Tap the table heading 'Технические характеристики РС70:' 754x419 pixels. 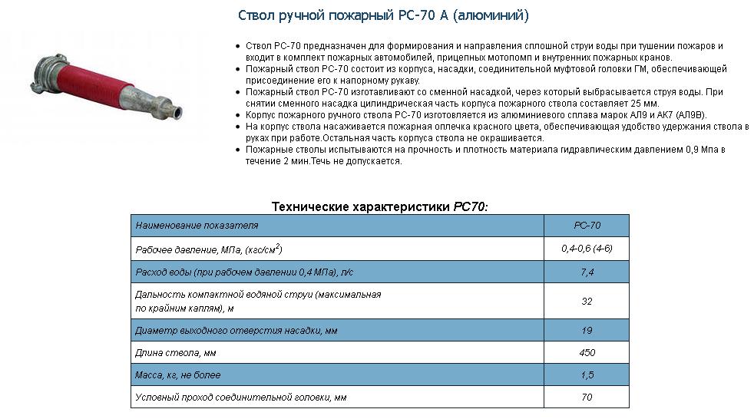pyautogui.click(x=379, y=206)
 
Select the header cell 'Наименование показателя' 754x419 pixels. pyautogui.click(x=197, y=226)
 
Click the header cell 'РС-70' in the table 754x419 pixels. pyautogui.click(x=587, y=226)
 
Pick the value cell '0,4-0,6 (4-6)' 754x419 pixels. pyautogui.click(x=587, y=249)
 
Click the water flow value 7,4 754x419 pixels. pyautogui.click(x=587, y=272)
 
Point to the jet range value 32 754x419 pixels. pyautogui.click(x=587, y=302)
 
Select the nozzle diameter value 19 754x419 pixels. pyautogui.click(x=587, y=331)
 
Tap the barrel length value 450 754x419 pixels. pyautogui.click(x=587, y=353)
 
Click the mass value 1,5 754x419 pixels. pyautogui.click(x=587, y=375)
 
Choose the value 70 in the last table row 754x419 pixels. pyautogui.click(x=587, y=398)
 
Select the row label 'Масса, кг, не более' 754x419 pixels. pyautogui.click(x=177, y=375)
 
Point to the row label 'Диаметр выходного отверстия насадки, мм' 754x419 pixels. pyautogui.click(x=236, y=331)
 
